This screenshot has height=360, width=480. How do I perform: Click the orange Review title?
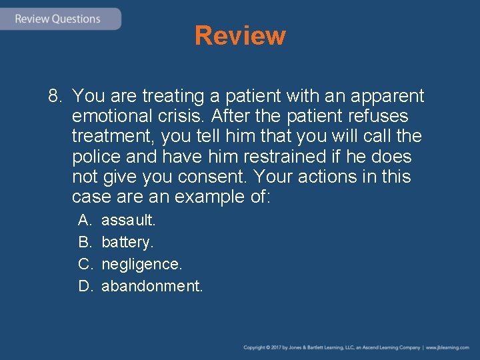click(x=240, y=35)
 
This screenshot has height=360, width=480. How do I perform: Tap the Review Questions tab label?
click(x=57, y=19)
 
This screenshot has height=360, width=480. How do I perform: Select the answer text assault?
click(x=128, y=219)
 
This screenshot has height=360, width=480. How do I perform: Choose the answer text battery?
click(x=127, y=241)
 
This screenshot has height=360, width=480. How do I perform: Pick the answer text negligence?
click(x=141, y=264)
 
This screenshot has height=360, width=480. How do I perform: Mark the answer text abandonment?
click(x=152, y=286)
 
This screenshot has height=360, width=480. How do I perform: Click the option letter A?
click(x=84, y=219)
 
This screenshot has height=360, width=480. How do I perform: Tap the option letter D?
click(x=85, y=286)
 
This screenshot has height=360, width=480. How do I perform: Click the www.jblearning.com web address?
click(x=448, y=347)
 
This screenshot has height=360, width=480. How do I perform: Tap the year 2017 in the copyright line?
click(x=273, y=347)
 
